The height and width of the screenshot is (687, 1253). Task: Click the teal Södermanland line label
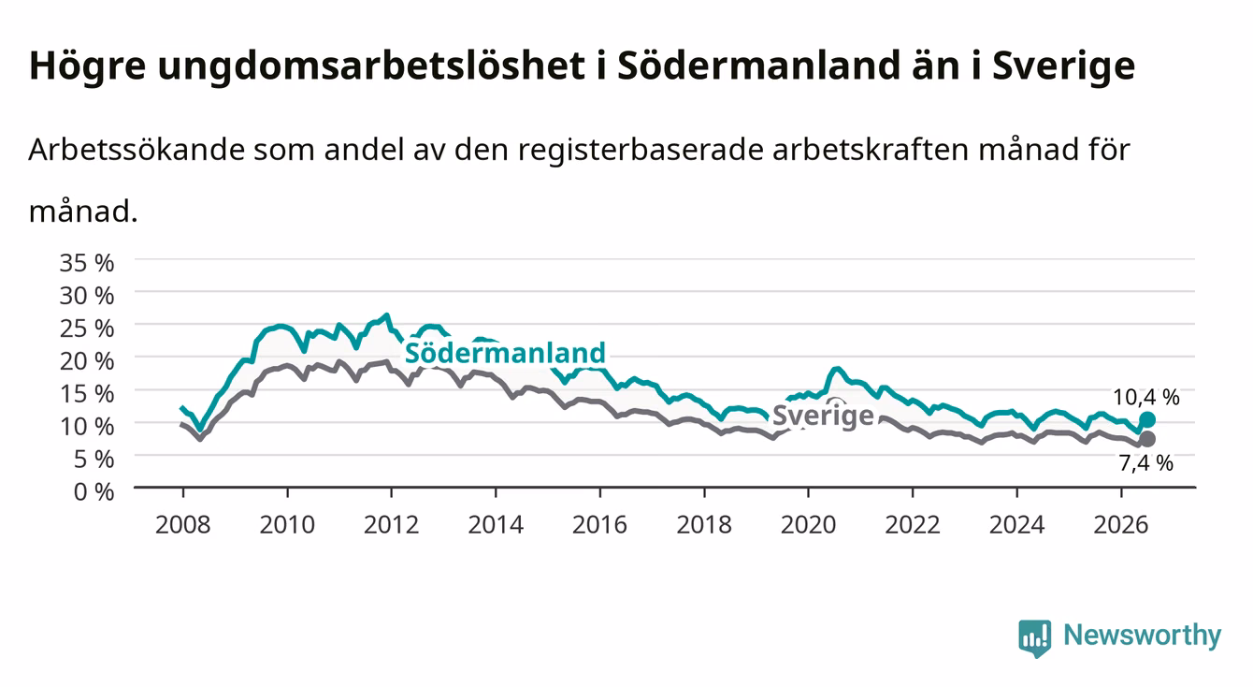tap(505, 353)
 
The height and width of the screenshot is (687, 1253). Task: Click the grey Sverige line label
tap(822, 416)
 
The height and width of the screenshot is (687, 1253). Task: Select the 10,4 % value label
tap(1145, 397)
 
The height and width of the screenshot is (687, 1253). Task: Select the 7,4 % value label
tap(1145, 463)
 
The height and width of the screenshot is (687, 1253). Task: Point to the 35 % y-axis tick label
tap(87, 263)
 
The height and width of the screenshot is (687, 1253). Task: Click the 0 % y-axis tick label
tap(94, 491)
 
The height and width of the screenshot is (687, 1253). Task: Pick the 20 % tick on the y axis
tap(87, 361)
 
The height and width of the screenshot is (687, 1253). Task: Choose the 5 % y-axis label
tap(94, 460)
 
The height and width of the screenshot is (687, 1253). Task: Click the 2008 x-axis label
tap(183, 525)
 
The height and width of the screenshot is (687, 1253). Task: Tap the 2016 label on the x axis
tap(599, 525)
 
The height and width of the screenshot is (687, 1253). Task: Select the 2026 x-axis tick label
tap(1121, 525)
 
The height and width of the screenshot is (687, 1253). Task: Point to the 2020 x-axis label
tap(808, 525)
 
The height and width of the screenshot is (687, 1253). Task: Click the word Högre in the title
tap(87, 66)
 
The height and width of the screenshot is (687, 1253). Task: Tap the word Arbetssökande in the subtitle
tap(137, 150)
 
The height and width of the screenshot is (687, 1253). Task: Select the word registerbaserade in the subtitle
tap(641, 151)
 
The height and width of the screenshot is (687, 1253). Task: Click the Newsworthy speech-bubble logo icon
tap(1035, 638)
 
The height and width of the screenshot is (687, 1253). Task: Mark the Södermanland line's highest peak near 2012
tap(386, 315)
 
